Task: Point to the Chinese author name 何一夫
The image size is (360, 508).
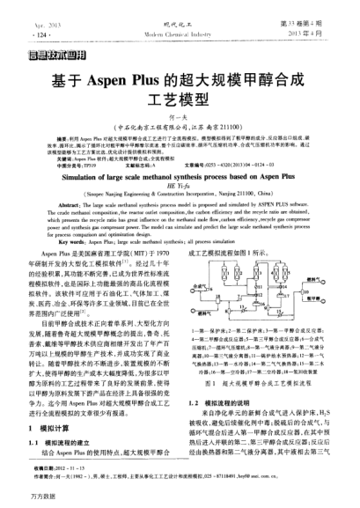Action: click(179, 119)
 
